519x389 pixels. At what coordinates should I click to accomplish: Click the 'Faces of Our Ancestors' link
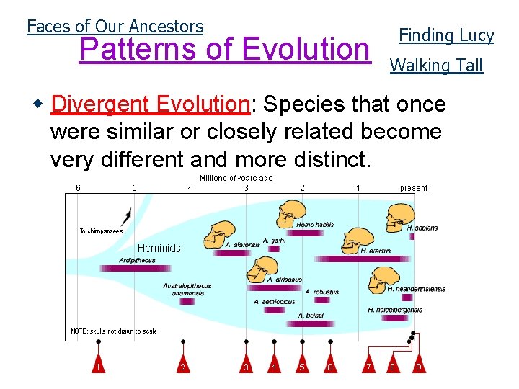click(115, 27)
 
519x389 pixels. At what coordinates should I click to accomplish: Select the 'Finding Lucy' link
click(446, 35)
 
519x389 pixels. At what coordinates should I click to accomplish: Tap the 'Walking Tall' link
click(436, 66)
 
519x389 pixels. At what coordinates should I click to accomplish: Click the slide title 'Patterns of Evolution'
click(224, 49)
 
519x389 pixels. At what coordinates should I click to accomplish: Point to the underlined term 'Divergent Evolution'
click(150, 104)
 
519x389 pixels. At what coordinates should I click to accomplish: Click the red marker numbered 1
click(97, 366)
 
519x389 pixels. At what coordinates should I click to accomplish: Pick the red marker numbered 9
click(418, 366)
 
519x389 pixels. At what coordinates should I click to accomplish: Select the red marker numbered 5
click(302, 366)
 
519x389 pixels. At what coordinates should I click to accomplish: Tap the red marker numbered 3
click(247, 366)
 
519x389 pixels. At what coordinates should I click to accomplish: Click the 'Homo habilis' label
click(315, 225)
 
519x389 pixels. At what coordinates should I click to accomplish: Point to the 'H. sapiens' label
click(422, 228)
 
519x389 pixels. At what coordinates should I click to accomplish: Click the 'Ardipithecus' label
click(138, 260)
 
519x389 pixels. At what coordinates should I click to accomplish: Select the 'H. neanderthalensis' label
click(416, 289)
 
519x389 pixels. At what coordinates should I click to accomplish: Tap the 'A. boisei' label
click(311, 315)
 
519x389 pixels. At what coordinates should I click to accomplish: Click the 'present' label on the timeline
click(414, 188)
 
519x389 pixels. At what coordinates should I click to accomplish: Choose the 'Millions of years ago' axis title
click(236, 178)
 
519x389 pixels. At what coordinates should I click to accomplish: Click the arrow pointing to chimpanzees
click(127, 215)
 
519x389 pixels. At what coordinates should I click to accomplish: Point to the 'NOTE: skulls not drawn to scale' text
click(113, 331)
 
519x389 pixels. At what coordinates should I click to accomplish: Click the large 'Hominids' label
click(159, 248)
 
